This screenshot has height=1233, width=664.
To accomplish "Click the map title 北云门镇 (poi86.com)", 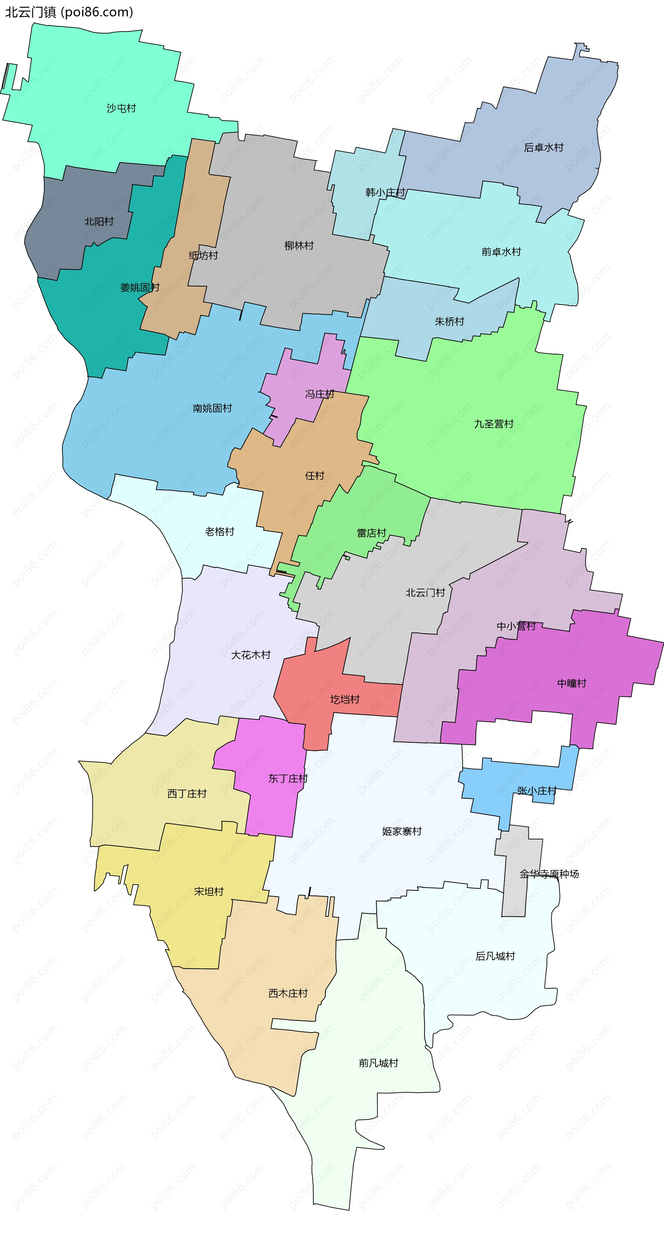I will pyautogui.click(x=69, y=12).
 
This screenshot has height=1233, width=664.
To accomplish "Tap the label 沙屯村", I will pyautogui.click(x=121, y=108).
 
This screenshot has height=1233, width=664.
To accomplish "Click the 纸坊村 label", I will pyautogui.click(x=203, y=255).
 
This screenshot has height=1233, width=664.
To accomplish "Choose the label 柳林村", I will pyautogui.click(x=299, y=246).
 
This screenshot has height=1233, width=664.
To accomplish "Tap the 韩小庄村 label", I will pyautogui.click(x=385, y=192).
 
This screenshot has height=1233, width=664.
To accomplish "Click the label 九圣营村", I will pyautogui.click(x=494, y=424).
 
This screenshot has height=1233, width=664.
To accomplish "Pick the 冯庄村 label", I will pyautogui.click(x=319, y=394).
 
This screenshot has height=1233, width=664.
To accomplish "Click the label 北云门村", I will pyautogui.click(x=425, y=592).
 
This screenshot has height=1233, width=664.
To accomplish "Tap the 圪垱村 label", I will pyautogui.click(x=345, y=699).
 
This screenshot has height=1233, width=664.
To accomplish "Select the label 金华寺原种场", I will pyautogui.click(x=549, y=874).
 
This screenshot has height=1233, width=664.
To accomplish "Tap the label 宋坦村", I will pyautogui.click(x=209, y=891).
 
